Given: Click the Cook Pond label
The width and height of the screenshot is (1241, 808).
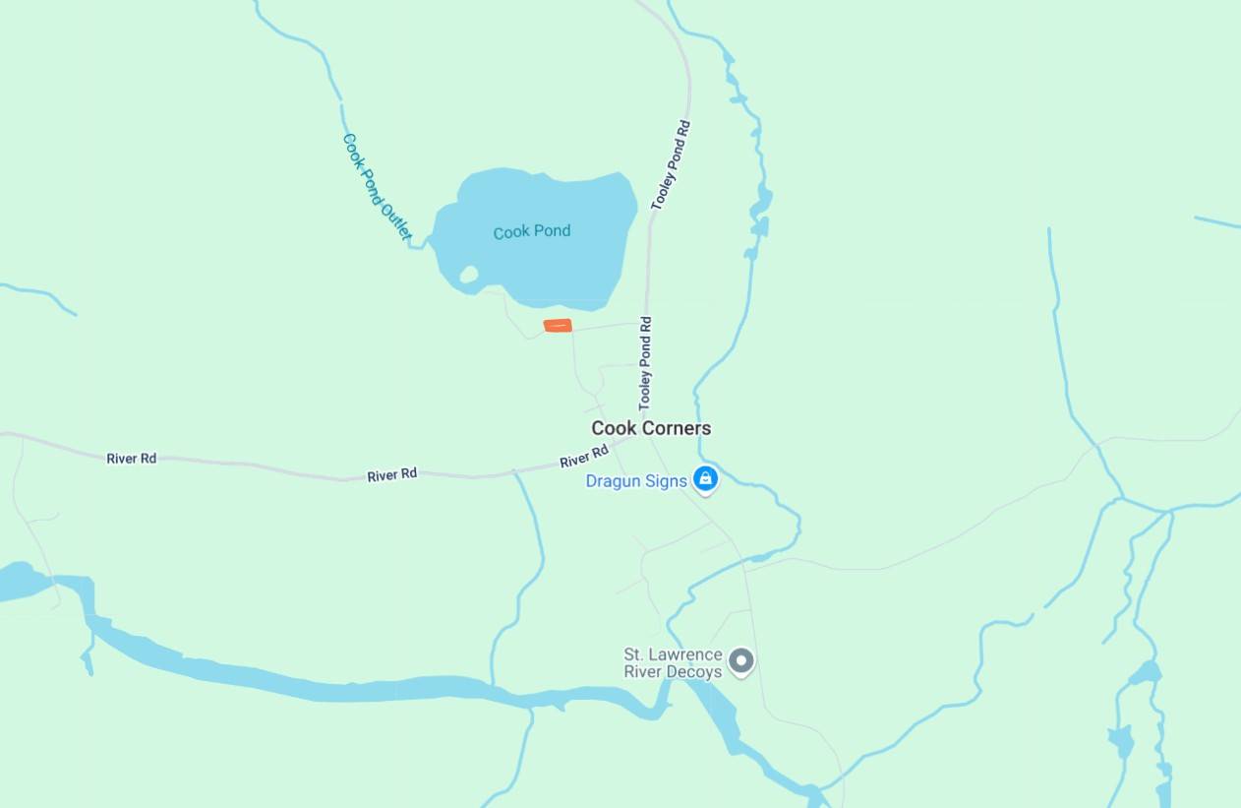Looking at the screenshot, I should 532,232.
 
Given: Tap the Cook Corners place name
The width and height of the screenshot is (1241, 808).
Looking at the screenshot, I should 651,428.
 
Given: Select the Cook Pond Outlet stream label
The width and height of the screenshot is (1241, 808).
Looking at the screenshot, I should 376,187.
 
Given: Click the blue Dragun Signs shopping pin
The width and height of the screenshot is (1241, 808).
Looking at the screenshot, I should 705,479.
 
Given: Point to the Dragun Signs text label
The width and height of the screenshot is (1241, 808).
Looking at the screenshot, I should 636,481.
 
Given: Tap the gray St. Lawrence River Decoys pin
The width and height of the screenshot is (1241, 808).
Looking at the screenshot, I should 741,660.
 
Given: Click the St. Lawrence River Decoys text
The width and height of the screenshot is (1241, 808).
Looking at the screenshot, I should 674,663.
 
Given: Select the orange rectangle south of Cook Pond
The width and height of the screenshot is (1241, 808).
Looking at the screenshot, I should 558,326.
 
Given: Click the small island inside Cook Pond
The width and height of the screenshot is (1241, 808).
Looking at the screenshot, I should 469,275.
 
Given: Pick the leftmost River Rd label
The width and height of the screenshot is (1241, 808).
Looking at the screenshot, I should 132,459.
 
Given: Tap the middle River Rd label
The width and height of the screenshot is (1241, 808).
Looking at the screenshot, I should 392,475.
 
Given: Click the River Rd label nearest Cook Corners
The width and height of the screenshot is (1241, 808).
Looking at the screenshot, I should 584,457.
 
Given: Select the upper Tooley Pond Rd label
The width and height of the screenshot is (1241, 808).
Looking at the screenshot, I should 672,165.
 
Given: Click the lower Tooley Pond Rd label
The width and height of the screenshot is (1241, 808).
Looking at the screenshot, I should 645,363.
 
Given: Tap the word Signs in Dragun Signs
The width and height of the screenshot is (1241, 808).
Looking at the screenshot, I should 667,481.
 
